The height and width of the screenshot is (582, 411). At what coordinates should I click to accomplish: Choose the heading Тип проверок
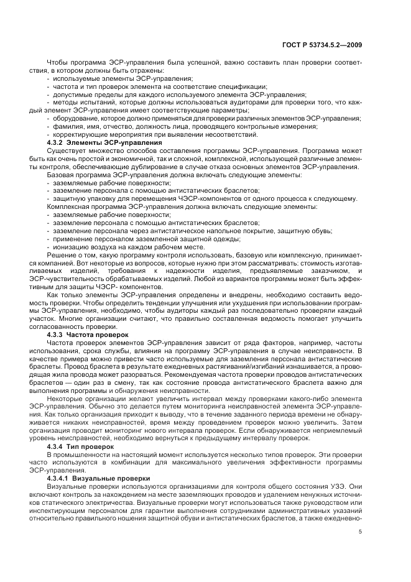pos(95,446)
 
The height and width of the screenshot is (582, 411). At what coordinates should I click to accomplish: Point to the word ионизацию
pos(70,246)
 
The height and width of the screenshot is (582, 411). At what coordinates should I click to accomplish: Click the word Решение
pos(62,254)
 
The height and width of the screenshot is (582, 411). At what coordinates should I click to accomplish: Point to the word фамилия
pos(67,126)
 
